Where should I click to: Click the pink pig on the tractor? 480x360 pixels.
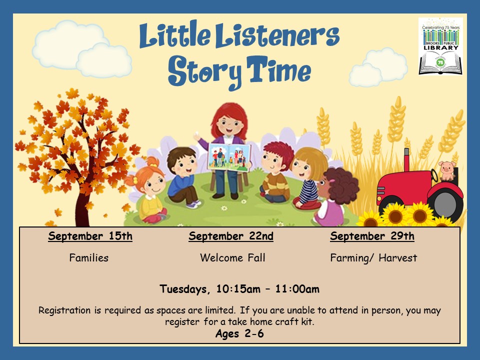tap(446, 171)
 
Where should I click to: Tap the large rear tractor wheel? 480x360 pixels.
tap(445, 203)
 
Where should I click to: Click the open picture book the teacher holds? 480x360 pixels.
tap(229, 157)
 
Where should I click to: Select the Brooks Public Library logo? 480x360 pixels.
tap(440, 46)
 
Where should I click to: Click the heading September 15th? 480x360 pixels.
tap(90, 236)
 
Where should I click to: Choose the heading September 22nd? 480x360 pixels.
tap(231, 236)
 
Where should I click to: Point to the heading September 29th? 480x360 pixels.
tap(372, 236)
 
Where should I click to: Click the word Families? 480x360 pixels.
tap(89, 258)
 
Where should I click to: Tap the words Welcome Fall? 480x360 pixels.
tap(232, 258)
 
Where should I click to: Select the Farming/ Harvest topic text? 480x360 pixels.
tap(373, 258)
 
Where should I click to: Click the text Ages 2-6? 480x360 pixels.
tap(239, 333)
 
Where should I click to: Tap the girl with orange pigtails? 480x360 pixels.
tap(149, 190)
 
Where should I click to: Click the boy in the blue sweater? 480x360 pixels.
tap(183, 177)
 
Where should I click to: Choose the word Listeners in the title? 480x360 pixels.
tap(277, 36)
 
